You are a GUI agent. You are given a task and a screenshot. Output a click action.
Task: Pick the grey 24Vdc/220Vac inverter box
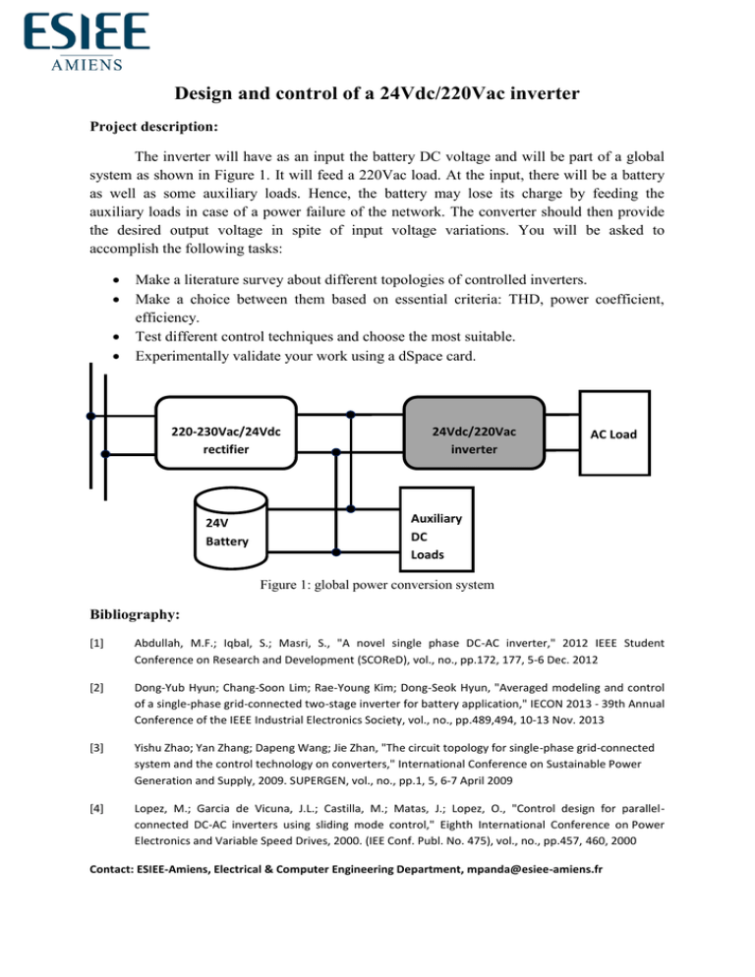tap(475, 440)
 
